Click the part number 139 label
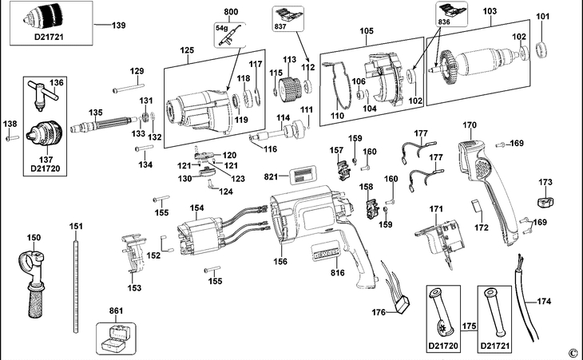119,26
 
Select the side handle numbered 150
34,279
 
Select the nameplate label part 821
302,176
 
